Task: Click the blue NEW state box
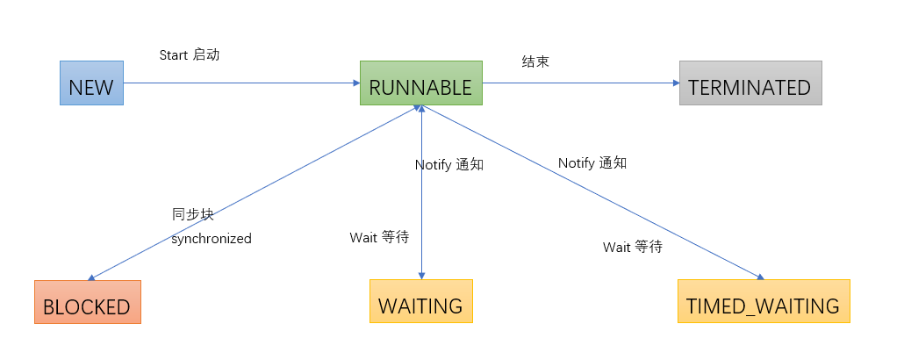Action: coord(91,83)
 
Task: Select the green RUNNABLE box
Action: coord(420,83)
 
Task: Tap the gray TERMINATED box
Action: coord(750,83)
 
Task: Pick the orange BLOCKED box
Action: coord(87,302)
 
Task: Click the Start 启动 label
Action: coord(189,54)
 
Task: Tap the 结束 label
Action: coord(535,61)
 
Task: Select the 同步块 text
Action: coord(192,214)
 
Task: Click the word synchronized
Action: coord(211,238)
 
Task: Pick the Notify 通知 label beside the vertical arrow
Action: coord(448,164)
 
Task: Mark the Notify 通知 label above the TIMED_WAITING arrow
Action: coord(592,162)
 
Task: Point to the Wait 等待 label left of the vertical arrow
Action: coord(379,237)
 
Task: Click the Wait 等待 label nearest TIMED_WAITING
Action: coord(632,247)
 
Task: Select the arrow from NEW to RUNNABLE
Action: coord(241,83)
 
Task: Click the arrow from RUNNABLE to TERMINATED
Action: coord(579,83)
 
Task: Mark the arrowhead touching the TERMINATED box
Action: coord(675,83)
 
